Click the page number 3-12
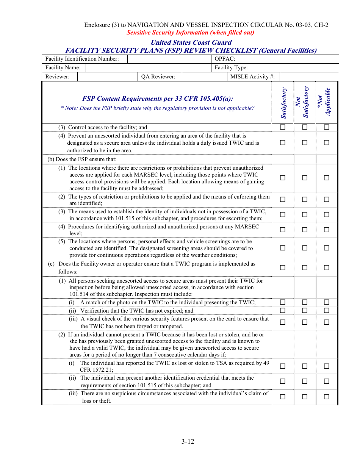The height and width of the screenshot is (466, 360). pos(188,441)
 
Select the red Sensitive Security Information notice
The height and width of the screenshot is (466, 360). pos(190,33)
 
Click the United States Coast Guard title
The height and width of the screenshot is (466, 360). pos(191,42)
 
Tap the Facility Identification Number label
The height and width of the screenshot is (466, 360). pos(82,59)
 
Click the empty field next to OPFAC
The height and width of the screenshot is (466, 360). pos(297,59)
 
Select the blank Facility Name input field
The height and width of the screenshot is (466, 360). pos(148,68)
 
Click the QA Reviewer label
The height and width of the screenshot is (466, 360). pos(158,77)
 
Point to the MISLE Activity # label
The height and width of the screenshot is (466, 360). pos(252,77)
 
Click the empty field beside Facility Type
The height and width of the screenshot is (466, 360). pos(297,68)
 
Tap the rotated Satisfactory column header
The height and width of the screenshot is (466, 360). pos(283,103)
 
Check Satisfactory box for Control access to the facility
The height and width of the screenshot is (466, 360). pos(283,127)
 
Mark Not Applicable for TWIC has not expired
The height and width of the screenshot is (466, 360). pos(326,311)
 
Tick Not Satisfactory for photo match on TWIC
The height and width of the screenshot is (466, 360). pos(305,302)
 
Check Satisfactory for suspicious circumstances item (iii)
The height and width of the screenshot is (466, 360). pos(283,397)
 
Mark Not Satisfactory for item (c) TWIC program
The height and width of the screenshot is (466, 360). pos(305,267)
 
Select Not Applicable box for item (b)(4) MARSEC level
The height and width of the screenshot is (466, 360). pos(326,230)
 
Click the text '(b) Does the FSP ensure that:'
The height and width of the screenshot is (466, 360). pos(82,159)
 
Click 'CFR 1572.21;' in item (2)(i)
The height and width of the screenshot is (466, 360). pos(96,370)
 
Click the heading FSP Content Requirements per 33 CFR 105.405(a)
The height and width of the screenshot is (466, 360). pos(158,99)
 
